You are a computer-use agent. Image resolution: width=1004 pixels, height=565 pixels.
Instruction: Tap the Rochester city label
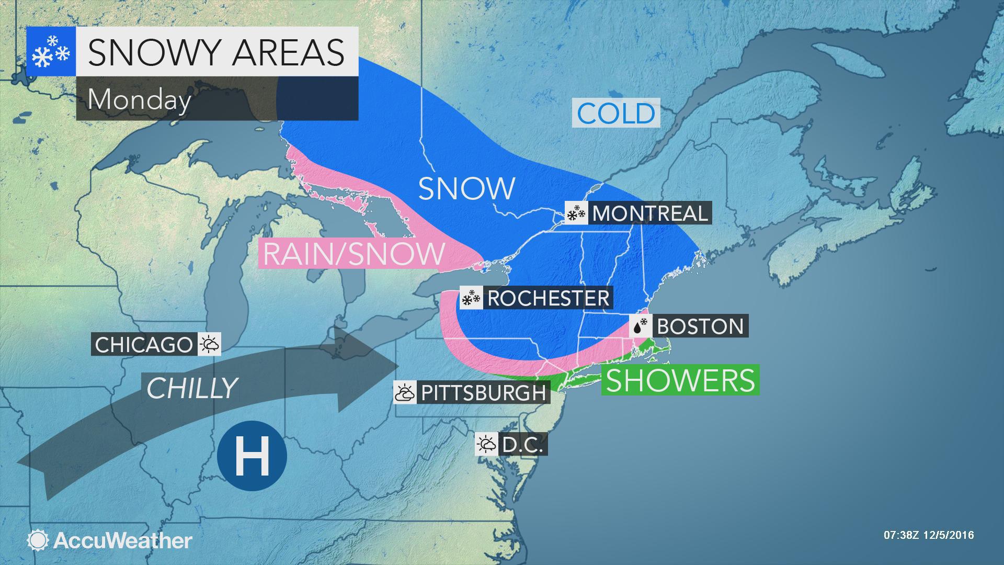549,298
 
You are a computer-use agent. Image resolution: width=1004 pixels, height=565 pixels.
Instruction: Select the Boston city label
700,326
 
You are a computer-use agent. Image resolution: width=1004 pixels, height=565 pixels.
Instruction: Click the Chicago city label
144,345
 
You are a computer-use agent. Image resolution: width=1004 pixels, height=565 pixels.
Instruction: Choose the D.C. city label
523,445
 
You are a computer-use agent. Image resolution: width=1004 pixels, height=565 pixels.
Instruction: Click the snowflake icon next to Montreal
576,213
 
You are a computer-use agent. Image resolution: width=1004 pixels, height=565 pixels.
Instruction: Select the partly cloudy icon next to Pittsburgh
404,392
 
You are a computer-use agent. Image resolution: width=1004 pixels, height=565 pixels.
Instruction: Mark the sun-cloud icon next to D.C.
486,445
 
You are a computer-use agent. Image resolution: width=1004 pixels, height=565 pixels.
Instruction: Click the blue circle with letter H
252,455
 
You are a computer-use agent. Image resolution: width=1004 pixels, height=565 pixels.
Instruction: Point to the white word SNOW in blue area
467,188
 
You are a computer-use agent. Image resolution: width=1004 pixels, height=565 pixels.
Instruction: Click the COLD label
616,114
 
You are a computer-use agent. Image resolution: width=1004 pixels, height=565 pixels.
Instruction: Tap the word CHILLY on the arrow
192,388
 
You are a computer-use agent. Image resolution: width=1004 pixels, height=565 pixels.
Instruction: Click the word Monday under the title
139,99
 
